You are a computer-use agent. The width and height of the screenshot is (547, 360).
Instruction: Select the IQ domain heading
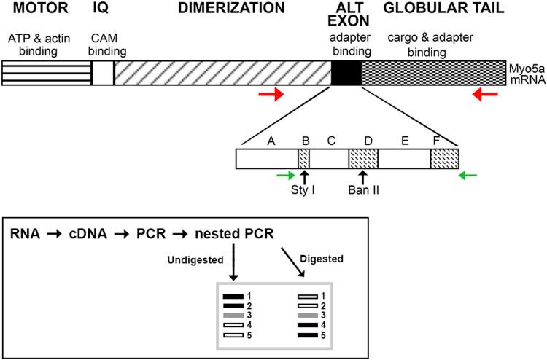tap(101, 8)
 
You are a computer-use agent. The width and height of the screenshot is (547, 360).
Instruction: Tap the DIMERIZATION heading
tap(212, 8)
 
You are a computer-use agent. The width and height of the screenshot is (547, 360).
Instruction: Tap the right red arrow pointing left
tap(485, 95)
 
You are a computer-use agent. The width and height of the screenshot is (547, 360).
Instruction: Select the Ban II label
tap(362, 194)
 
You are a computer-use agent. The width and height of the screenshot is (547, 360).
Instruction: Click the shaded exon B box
tap(303, 159)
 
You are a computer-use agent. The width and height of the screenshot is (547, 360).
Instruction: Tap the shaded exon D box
tap(362, 159)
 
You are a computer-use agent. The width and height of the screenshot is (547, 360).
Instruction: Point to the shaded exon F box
tap(444, 159)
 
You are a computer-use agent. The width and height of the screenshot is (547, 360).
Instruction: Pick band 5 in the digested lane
tap(309, 334)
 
